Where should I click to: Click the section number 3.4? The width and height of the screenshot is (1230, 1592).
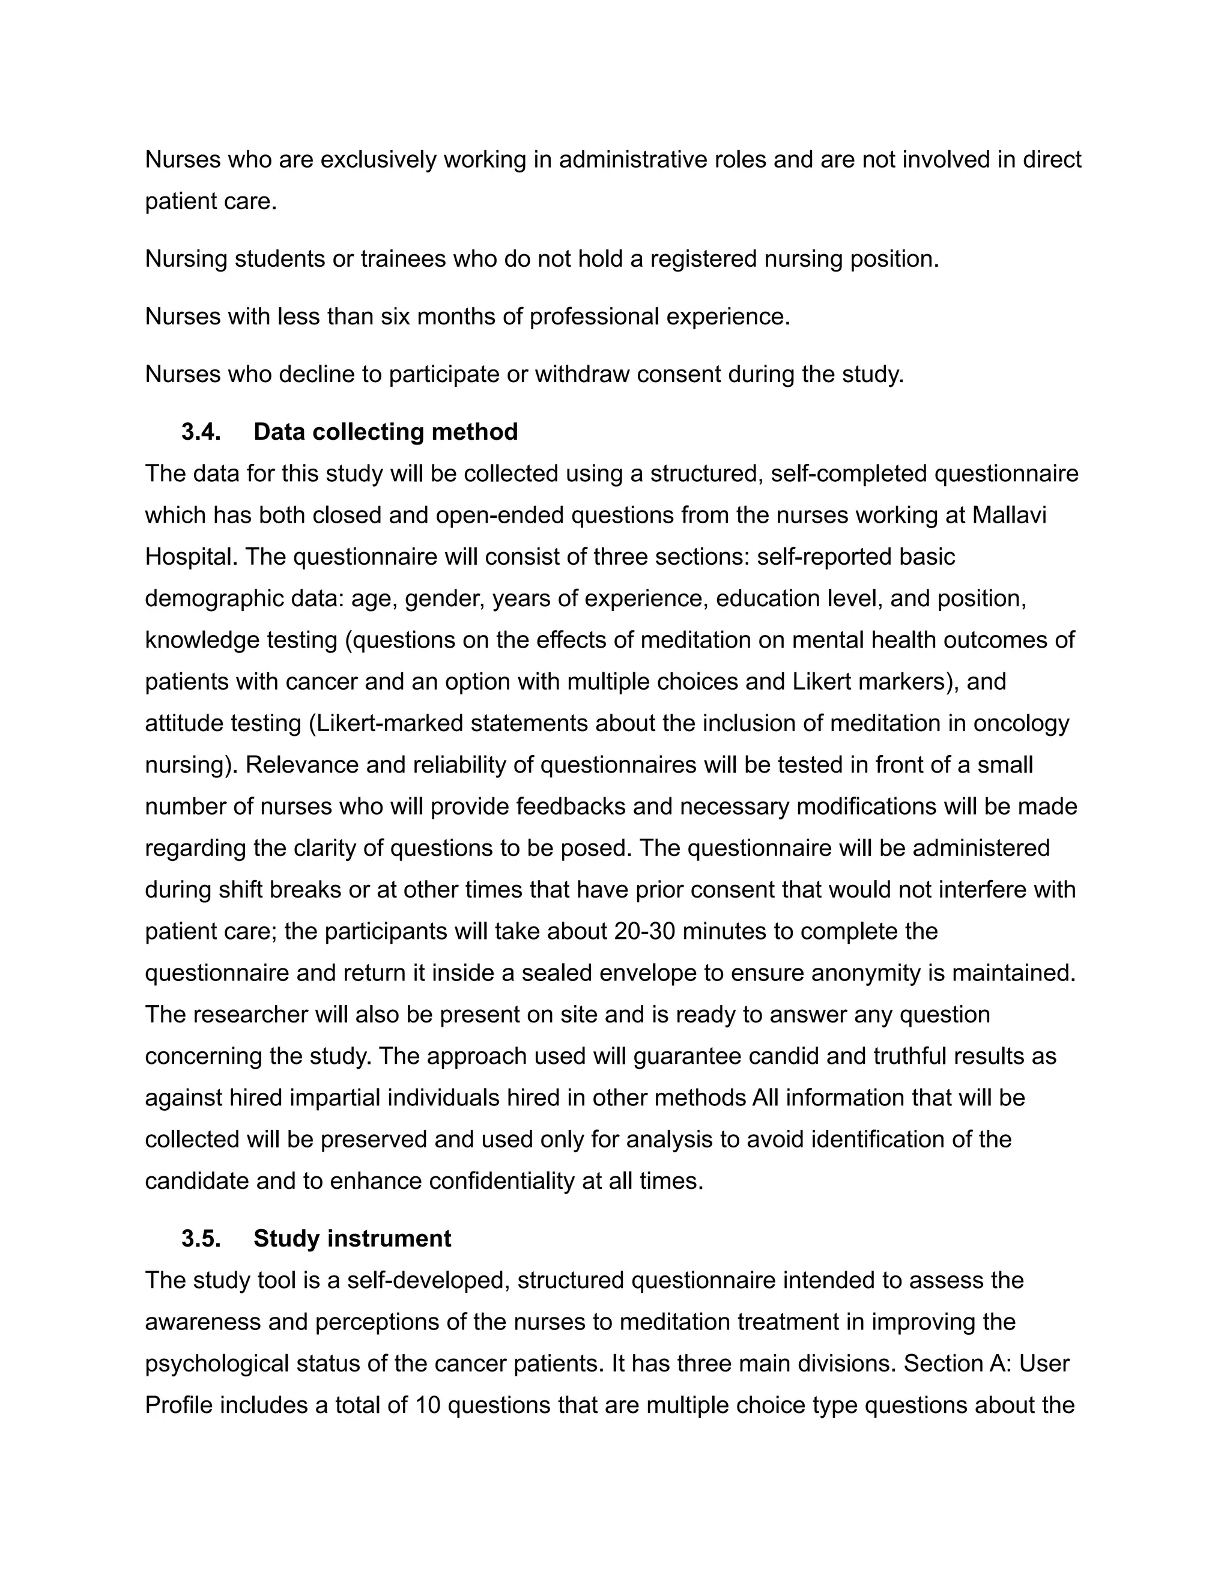tap(201, 433)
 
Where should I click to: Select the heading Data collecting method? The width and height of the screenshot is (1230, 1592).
tap(386, 433)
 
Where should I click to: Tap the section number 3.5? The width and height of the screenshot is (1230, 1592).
tap(201, 1239)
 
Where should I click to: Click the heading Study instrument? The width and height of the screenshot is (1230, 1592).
tap(352, 1239)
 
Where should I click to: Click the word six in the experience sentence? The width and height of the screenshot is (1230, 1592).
tap(395, 317)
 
